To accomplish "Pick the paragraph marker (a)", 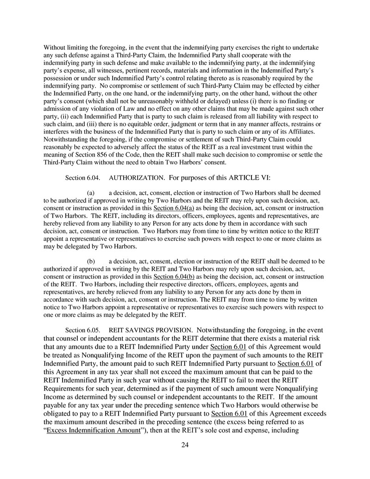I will point(91,193).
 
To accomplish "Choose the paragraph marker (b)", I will point(91,262).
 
